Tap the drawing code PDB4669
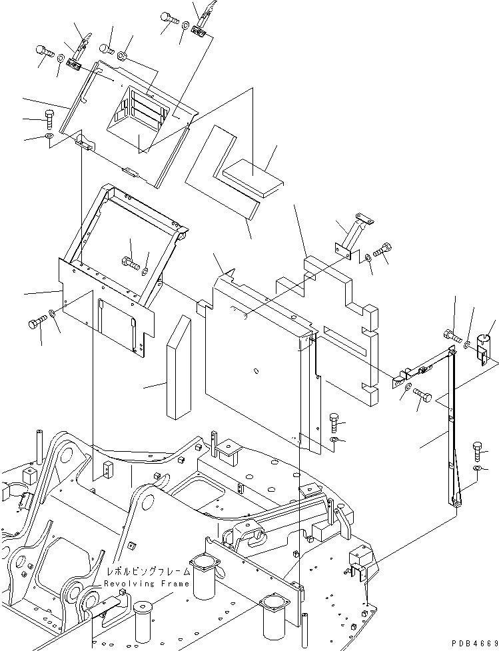[x=470, y=643]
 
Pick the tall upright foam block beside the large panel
[x=179, y=368]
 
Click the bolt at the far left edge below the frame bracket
[x=36, y=325]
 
